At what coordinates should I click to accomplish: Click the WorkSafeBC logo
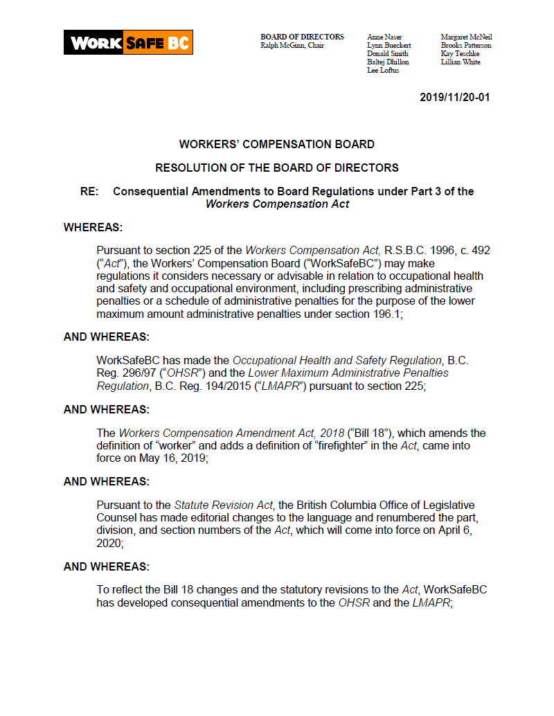point(128,42)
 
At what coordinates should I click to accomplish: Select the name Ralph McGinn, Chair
point(292,46)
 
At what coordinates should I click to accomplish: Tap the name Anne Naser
point(384,37)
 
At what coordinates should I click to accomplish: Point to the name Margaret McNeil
point(466,37)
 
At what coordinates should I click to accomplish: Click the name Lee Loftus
point(383,71)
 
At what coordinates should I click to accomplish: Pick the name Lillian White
point(461,62)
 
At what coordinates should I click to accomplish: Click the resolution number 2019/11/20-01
point(454,98)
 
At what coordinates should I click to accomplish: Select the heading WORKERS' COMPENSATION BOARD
point(276,145)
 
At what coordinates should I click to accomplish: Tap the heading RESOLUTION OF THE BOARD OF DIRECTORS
point(276,168)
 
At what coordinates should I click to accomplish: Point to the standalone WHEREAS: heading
point(93,227)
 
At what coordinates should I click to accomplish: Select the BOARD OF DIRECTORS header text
point(302,37)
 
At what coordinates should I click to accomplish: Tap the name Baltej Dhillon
point(388,62)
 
